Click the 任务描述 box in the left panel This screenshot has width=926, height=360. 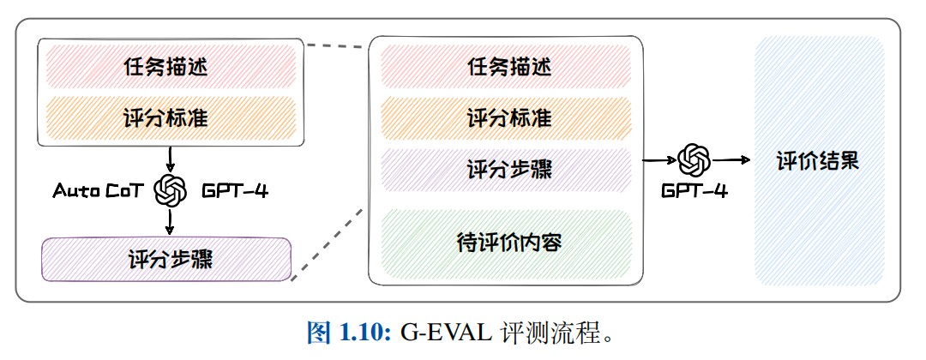168,66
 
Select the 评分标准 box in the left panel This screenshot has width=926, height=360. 168,118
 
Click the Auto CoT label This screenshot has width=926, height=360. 96,190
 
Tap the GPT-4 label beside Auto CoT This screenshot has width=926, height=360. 235,190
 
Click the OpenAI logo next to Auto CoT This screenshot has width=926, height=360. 170,190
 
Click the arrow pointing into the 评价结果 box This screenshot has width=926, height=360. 729,160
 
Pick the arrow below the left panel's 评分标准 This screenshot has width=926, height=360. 170,159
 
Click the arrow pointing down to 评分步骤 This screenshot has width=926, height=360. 170,222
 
